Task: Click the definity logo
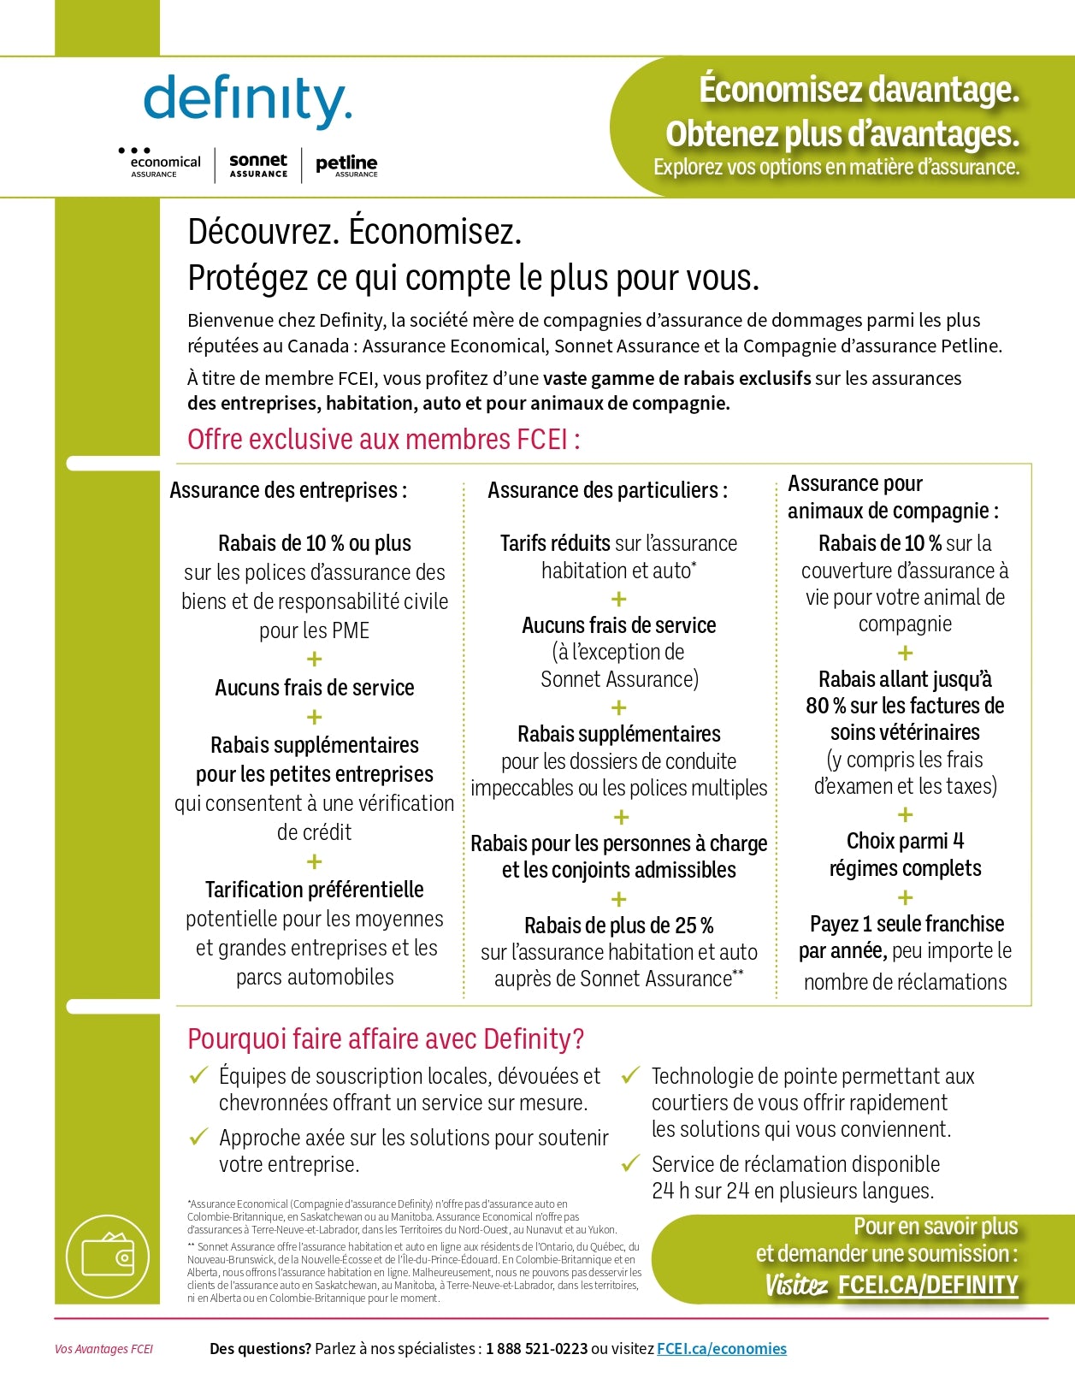[x=247, y=101]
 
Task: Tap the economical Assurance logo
[x=161, y=164]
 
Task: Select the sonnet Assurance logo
[x=258, y=164]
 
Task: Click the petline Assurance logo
[x=346, y=165]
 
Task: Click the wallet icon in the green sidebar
[x=108, y=1257]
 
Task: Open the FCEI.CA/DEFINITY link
[x=928, y=1285]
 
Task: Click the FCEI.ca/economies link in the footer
[x=721, y=1349]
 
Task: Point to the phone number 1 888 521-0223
[x=536, y=1349]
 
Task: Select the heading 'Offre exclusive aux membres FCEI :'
[x=384, y=440]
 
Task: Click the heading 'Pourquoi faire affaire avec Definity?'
[x=386, y=1039]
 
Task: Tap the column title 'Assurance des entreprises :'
[x=288, y=491]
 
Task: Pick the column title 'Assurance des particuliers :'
[x=607, y=491]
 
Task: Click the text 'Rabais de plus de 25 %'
[x=618, y=926]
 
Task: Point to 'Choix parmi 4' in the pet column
[x=905, y=842]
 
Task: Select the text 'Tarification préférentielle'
[x=314, y=890]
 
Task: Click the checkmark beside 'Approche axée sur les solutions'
[x=198, y=1137]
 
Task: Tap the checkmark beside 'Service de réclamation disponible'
[x=631, y=1163]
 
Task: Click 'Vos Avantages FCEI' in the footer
[x=103, y=1350]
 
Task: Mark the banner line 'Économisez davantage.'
[x=859, y=90]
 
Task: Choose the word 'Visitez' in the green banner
[x=795, y=1285]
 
